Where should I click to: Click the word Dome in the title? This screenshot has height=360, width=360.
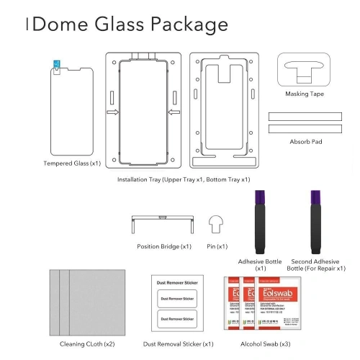pos(60,24)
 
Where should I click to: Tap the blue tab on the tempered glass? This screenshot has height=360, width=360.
pos(57,65)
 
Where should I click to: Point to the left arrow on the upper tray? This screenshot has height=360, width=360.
pos(112,112)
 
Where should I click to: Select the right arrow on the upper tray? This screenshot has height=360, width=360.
pos(173,112)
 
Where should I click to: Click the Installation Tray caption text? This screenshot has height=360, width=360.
pos(184,179)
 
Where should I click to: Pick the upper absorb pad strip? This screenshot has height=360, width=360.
pos(302,115)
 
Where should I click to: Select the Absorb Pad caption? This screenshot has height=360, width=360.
pos(305,142)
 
